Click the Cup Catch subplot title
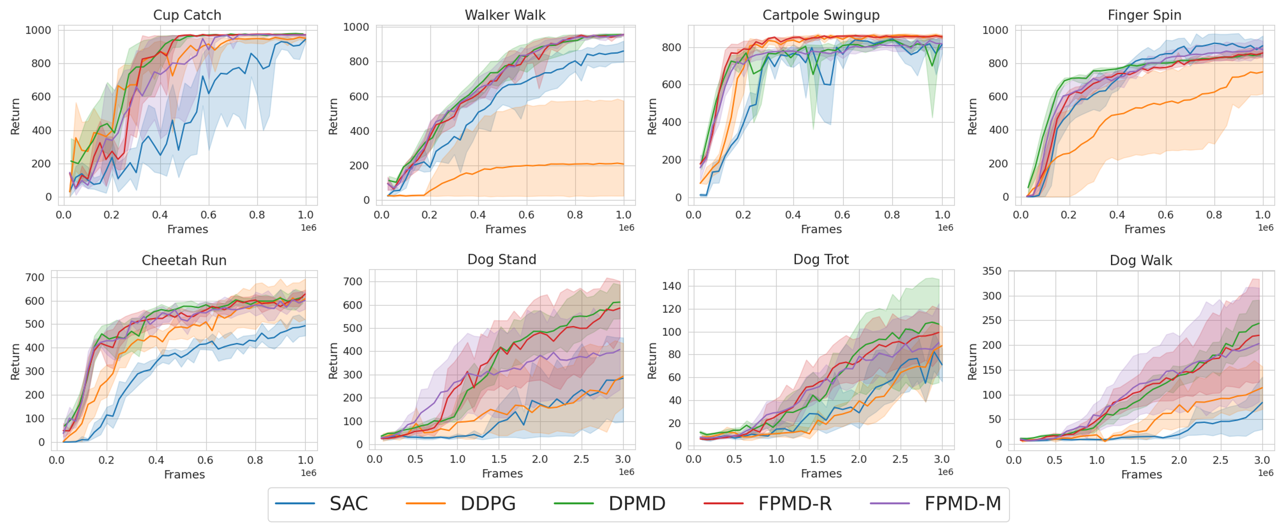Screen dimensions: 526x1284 tap(187, 15)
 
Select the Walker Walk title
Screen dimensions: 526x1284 tap(505, 15)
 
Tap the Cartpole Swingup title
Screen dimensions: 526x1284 tap(821, 15)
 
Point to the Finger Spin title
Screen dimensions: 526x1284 tap(1144, 15)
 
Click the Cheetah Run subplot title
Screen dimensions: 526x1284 tap(184, 260)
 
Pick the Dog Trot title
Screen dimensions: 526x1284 tap(821, 259)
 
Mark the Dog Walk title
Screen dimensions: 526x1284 tap(1141, 260)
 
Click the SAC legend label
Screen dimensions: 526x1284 tap(348, 503)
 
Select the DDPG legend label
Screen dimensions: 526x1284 tap(488, 503)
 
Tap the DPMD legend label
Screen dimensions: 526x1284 tap(637, 503)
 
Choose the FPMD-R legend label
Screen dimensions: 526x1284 tap(795, 503)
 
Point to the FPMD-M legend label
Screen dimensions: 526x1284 tap(962, 503)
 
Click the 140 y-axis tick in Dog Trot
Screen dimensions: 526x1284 tap(671, 286)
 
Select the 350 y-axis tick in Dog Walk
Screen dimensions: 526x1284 tap(992, 271)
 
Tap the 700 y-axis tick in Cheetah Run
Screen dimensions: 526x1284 tap(35, 278)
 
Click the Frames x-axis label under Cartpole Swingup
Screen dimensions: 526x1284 tap(821, 229)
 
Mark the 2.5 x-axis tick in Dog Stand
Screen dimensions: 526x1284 tap(581, 459)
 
